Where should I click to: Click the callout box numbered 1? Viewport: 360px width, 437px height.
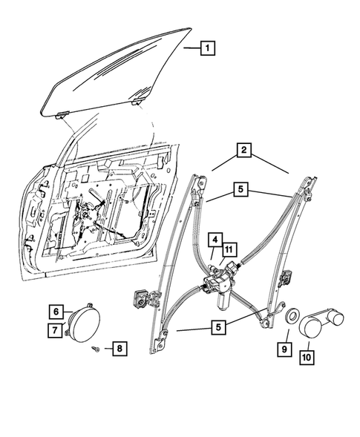208,48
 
